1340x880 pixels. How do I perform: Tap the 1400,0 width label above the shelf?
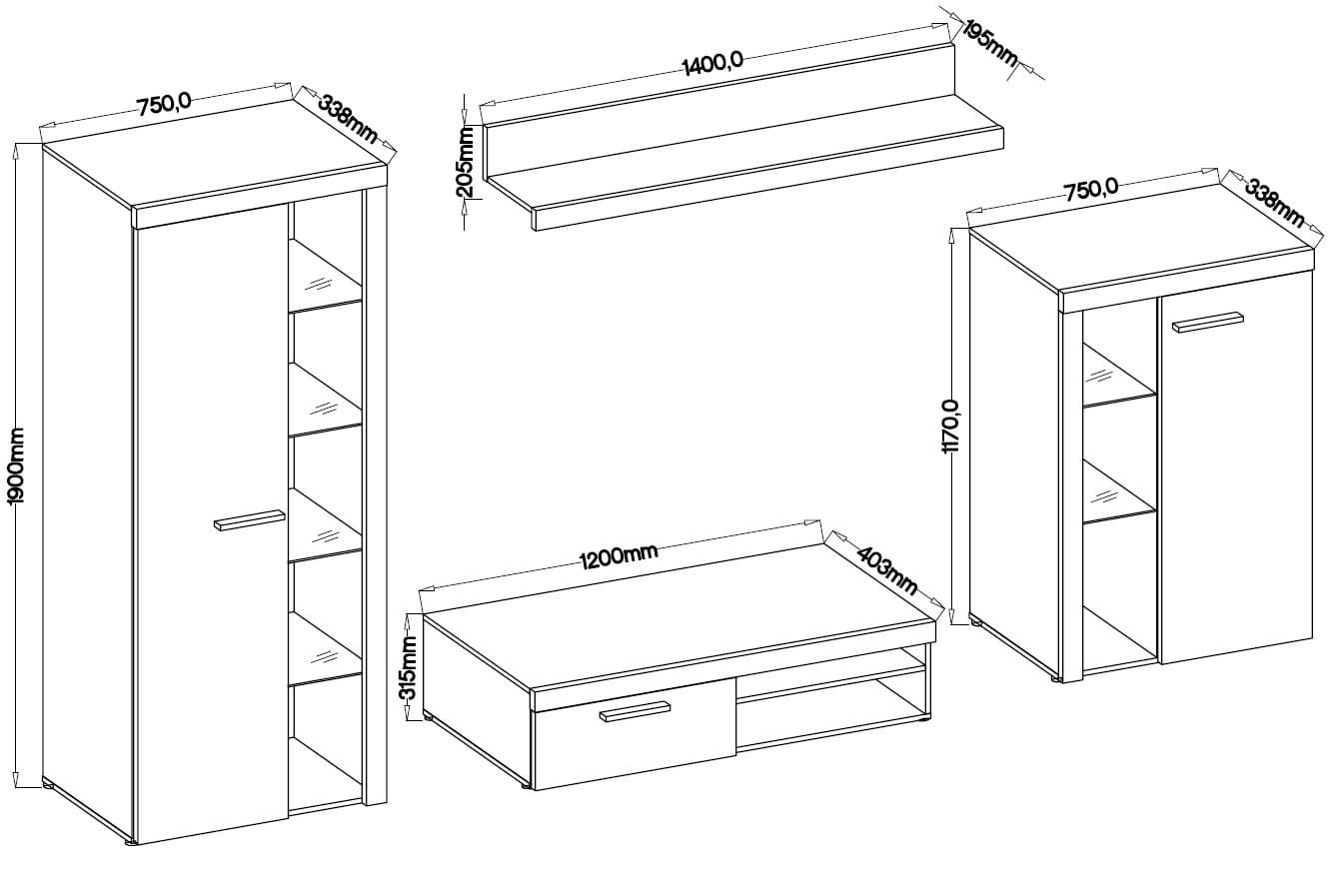coord(712,63)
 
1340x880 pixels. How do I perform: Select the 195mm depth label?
coord(990,44)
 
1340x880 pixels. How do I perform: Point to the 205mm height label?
coord(465,161)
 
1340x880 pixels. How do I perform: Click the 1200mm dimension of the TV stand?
coord(619,556)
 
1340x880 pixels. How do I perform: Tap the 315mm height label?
coord(409,667)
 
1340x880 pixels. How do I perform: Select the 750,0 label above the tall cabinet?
coord(165,105)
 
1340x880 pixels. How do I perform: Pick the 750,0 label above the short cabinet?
coord(1090,189)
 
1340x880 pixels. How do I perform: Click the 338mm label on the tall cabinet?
coord(348,119)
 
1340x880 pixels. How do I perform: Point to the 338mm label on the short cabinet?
coord(1274,203)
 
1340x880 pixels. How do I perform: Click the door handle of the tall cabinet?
coord(250,519)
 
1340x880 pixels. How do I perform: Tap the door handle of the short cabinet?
coord(1208,322)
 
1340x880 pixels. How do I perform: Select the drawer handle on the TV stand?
coord(635,711)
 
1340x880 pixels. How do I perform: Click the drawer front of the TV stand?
coord(635,734)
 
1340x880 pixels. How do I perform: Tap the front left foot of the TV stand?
coord(526,785)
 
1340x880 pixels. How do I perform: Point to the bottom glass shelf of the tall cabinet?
coord(326,648)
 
